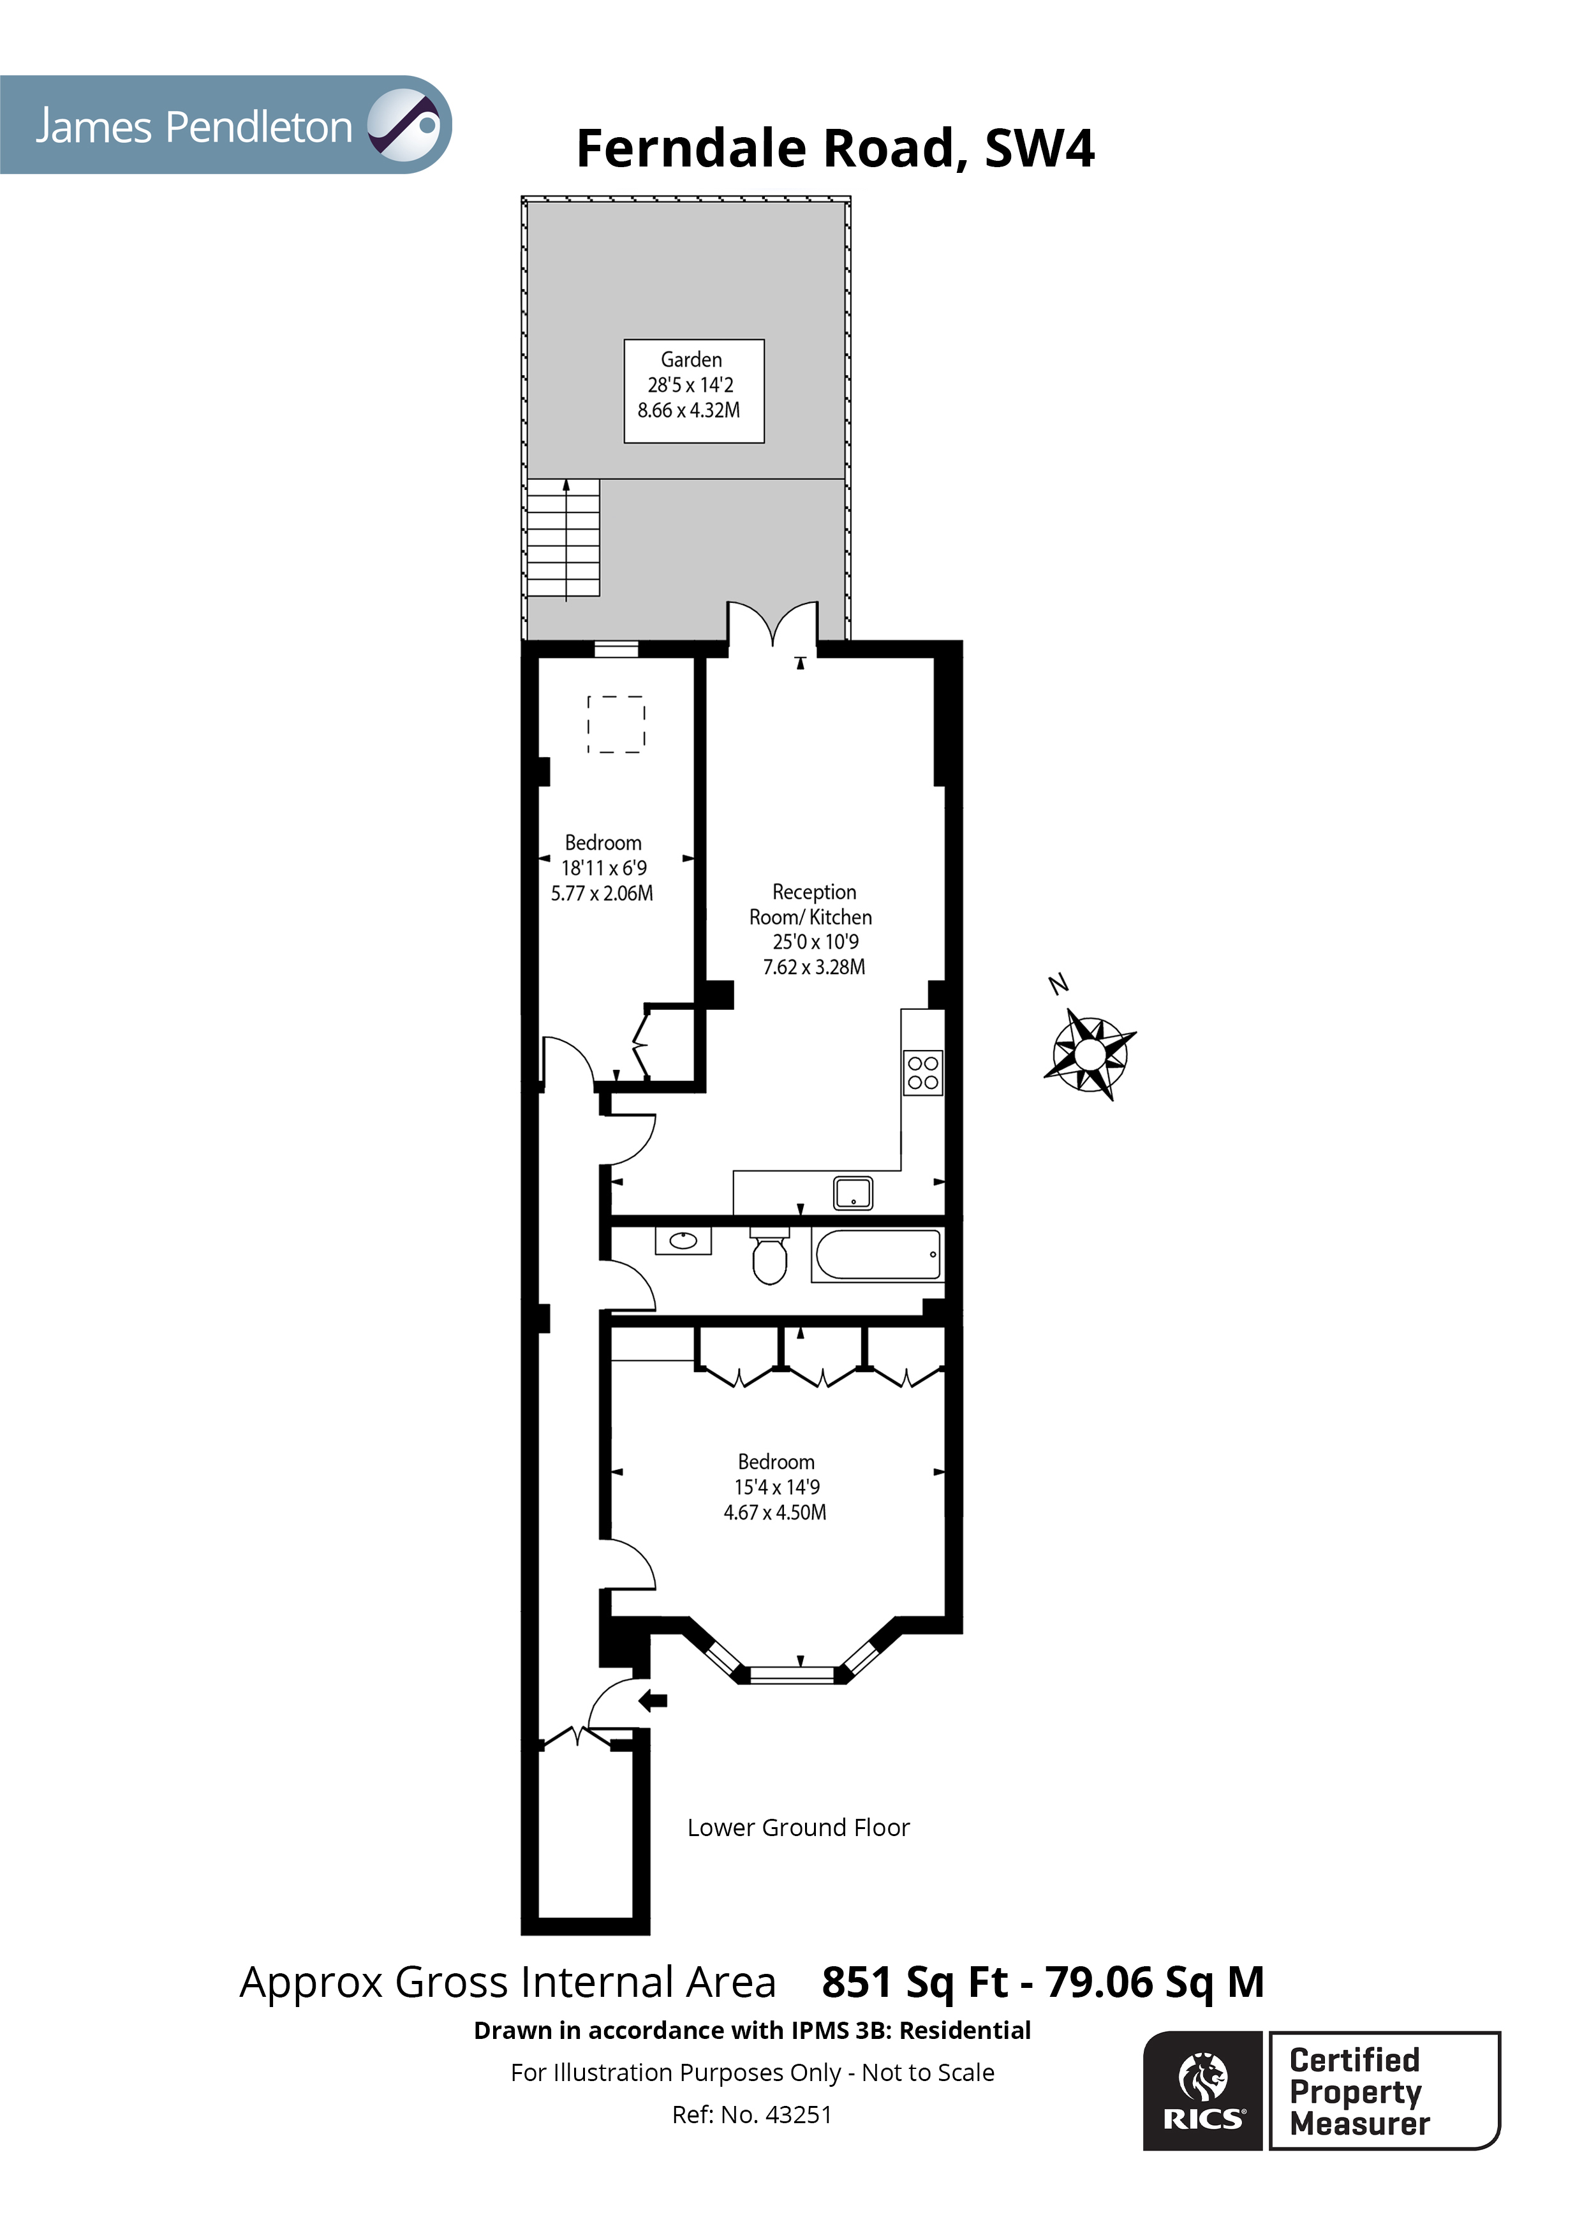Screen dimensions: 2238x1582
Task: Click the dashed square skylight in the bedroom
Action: pyautogui.click(x=616, y=724)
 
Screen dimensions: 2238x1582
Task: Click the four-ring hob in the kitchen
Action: pyautogui.click(x=922, y=1073)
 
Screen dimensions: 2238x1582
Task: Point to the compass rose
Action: pyautogui.click(x=1090, y=1054)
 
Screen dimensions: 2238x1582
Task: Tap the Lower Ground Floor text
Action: pyautogui.click(x=797, y=1828)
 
